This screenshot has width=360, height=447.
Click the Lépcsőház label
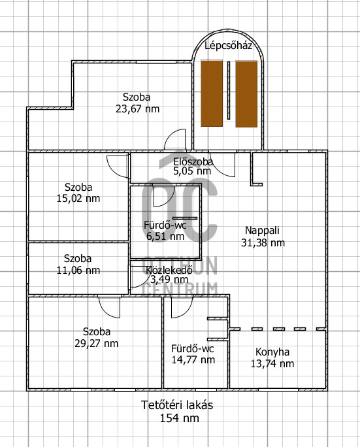tap(228, 46)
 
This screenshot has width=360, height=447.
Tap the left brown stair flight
tap(212, 93)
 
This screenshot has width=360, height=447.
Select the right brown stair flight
tap(246, 94)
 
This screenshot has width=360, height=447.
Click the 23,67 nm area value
tap(137, 109)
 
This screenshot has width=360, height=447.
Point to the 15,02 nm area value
tap(78, 199)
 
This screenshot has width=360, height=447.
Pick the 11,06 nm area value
tap(78, 271)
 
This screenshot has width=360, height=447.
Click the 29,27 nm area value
tap(96, 343)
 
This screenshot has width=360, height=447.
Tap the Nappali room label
tap(262, 230)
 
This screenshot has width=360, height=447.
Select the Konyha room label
tap(272, 352)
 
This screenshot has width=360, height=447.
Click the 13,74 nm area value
tap(272, 364)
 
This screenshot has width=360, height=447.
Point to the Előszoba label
tap(193, 162)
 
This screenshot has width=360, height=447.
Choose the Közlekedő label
tap(169, 270)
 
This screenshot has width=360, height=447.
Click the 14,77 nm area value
tap(193, 360)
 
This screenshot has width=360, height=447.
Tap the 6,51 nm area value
tap(165, 237)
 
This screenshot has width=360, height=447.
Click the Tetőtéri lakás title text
tap(177, 405)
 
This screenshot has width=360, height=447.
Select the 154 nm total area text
tap(179, 418)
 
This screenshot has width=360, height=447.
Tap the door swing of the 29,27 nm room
tap(106, 310)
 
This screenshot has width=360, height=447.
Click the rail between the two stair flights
tap(228, 90)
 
